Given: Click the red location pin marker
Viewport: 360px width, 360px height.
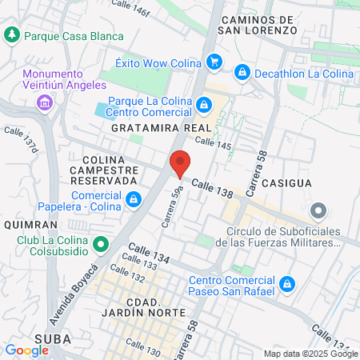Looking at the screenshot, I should click(180, 163).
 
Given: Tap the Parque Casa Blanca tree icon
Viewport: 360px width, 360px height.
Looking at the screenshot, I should click(13, 35).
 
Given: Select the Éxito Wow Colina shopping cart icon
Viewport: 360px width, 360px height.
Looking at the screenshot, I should click(214, 62).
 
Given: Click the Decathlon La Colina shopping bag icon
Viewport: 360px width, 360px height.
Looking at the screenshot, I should click(242, 73).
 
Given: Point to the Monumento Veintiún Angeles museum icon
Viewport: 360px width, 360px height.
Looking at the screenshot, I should click(44, 102).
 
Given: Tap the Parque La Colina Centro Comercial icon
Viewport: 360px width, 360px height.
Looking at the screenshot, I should click(205, 103).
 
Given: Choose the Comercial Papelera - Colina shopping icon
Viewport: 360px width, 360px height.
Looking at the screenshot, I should click(134, 198).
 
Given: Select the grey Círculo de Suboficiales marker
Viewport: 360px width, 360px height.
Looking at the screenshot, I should click(319, 212).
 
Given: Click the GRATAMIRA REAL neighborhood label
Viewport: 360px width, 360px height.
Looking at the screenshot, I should click(162, 128).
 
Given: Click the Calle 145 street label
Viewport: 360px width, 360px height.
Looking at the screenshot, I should click(212, 144).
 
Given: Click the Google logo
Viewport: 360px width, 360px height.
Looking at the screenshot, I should click(26, 350).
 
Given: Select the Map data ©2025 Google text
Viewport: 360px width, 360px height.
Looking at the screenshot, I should click(311, 354).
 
